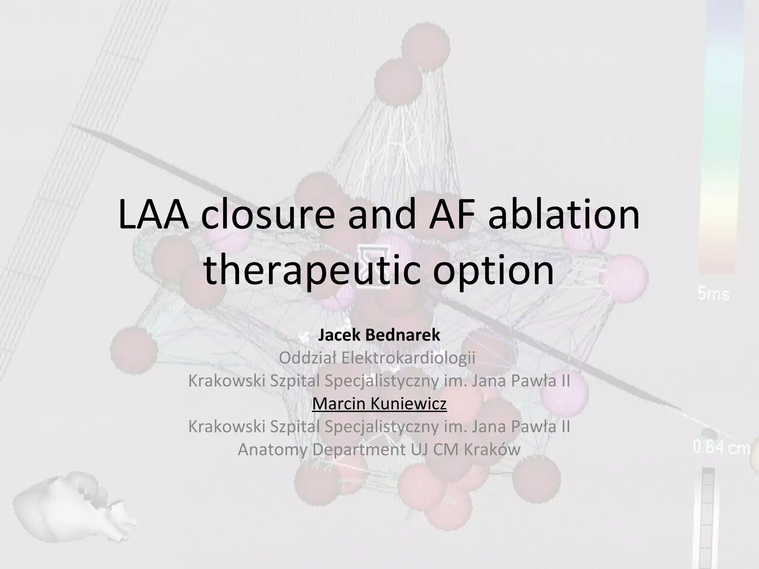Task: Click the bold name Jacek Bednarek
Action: point(379,335)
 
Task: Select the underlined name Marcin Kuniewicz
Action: point(379,404)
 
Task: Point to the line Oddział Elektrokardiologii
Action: point(377,358)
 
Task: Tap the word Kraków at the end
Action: point(492,450)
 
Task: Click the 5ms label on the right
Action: point(713,295)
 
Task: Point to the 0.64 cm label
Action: point(721,448)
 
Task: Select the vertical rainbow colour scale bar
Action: point(721,137)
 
